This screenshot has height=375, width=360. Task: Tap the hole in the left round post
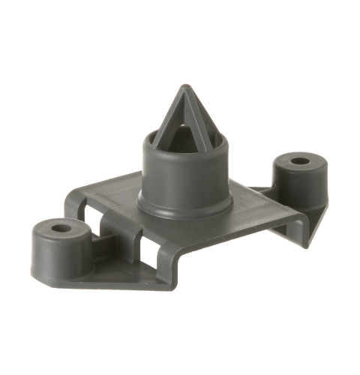tap(61, 227)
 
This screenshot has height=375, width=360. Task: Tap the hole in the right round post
tap(299, 161)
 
